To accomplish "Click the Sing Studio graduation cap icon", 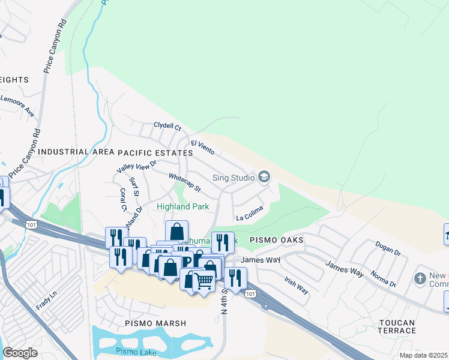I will (264, 176).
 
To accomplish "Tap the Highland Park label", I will (182, 206).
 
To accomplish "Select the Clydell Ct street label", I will (167, 127).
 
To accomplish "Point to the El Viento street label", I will (202, 147).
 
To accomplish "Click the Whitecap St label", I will (184, 182).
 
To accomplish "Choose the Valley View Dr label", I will (136, 167).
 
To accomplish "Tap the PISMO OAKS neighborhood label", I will (276, 240).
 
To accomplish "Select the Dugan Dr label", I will (387, 248).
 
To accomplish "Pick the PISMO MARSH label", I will (155, 323).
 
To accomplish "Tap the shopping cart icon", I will (204, 280).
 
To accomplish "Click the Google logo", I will (20, 353).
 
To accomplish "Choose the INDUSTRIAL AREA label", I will (76, 153).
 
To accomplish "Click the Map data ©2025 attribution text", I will (423, 355).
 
